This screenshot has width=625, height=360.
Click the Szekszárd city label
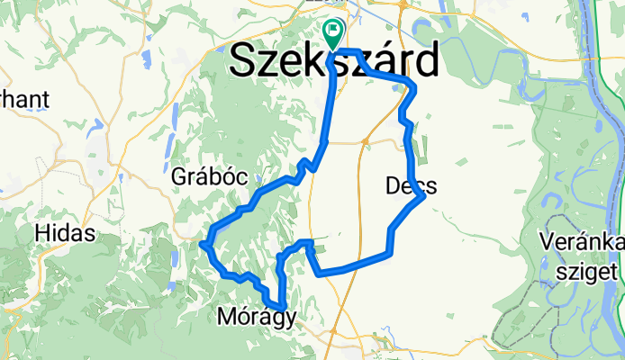click(x=335, y=61)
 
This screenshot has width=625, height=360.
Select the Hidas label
click(x=65, y=233)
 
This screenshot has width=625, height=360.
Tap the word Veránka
click(x=582, y=242)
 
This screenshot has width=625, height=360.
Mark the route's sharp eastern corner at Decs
click(x=421, y=198)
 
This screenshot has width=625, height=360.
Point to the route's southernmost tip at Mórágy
click(x=283, y=309)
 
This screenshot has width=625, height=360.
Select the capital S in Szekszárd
click(x=245, y=61)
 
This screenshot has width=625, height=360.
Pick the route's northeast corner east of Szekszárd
click(x=412, y=85)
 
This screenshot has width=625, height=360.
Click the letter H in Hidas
click(x=41, y=233)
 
